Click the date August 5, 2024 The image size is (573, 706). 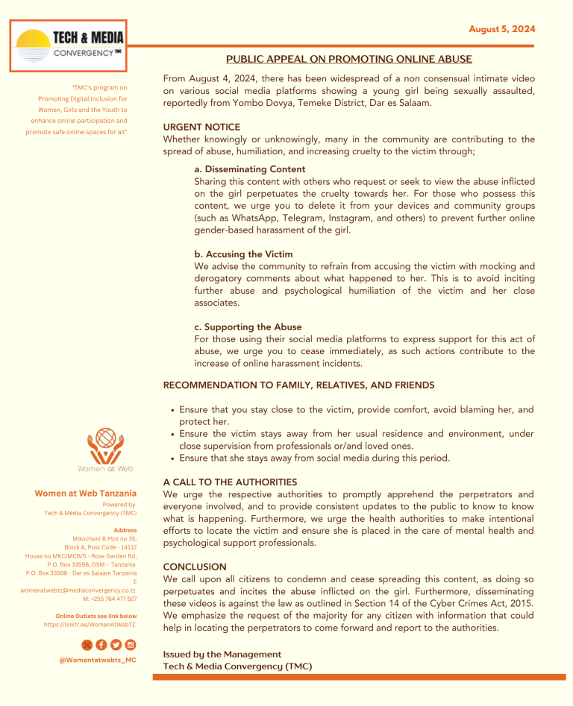(x=502, y=29)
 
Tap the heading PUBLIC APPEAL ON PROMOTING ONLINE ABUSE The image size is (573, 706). (x=349, y=59)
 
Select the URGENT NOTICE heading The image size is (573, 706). (x=201, y=127)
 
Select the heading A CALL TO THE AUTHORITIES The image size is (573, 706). (x=230, y=482)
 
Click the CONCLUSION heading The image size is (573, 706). (x=195, y=567)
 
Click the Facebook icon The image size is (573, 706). (x=101, y=645)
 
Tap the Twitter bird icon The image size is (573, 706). (x=87, y=645)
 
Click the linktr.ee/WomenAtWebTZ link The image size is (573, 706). (x=90, y=625)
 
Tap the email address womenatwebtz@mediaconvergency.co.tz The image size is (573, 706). (x=78, y=590)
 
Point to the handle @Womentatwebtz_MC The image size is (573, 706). (x=97, y=660)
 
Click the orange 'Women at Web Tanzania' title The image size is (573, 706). (x=86, y=494)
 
